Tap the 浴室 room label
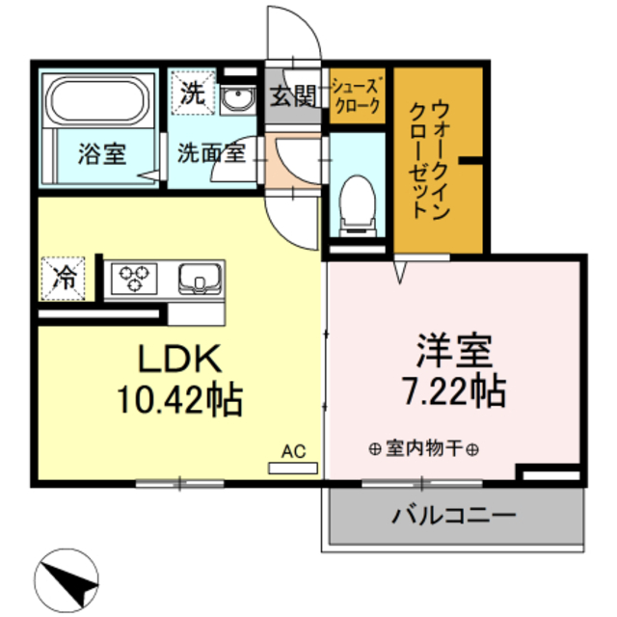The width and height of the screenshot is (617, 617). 101,155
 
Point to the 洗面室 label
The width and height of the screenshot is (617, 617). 209,151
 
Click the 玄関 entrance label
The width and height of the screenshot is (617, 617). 292,96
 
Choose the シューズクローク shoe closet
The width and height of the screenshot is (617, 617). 358,96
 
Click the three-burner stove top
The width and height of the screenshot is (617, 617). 137,280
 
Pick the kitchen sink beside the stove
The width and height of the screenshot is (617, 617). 201,280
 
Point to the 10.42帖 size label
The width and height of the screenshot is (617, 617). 179,396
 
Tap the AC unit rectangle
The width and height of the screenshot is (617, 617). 293,467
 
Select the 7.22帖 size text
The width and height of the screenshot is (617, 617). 453,390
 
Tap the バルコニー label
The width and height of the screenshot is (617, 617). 453,514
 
